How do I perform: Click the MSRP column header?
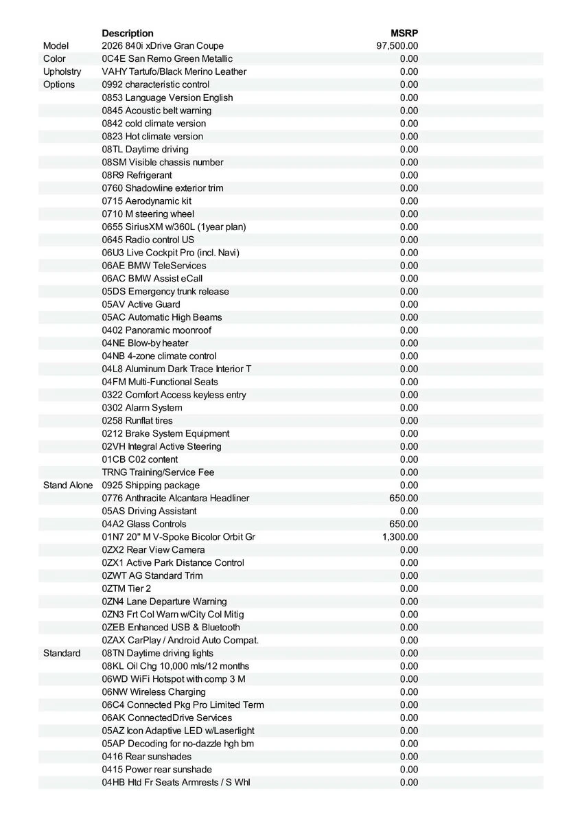point(404,33)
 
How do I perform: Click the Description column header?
point(128,33)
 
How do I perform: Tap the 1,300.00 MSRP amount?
point(400,537)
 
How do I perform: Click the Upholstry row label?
point(62,71)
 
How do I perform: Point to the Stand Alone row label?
point(67,485)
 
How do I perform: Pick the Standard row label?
point(62,653)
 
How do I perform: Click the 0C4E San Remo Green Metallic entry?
point(167,59)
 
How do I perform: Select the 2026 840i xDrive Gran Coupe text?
point(163,46)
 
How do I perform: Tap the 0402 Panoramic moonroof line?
point(156,330)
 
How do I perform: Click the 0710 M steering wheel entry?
point(148,214)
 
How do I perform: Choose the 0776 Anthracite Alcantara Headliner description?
point(176,498)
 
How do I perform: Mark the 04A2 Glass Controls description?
point(144,524)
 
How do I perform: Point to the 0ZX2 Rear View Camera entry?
point(153,550)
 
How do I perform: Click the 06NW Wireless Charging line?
point(154,692)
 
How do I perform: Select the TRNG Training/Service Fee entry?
point(158,472)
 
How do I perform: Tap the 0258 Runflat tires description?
point(137,420)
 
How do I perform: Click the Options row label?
point(59,84)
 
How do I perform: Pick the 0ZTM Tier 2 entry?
point(126,588)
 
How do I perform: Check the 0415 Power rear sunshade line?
point(157,770)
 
